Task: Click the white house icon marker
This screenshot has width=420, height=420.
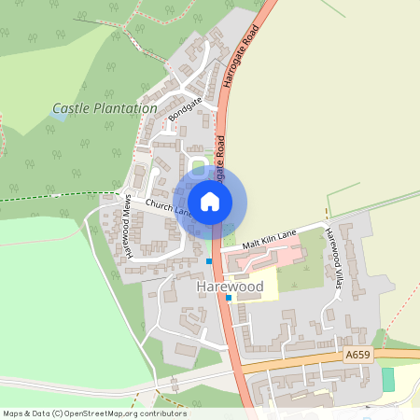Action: pyautogui.click(x=210, y=201)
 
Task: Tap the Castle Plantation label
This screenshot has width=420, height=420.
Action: pyautogui.click(x=105, y=108)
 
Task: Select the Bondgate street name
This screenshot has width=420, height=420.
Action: pyautogui.click(x=187, y=109)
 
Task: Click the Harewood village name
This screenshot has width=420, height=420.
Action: pyautogui.click(x=230, y=286)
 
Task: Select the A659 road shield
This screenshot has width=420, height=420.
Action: pyautogui.click(x=357, y=355)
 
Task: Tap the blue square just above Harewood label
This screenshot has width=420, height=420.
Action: pyautogui.click(x=209, y=261)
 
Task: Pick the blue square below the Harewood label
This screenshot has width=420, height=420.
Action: pyautogui.click(x=229, y=298)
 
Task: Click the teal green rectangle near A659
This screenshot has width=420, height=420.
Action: pyautogui.click(x=388, y=379)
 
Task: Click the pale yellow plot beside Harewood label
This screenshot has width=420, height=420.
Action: pyautogui.click(x=263, y=289)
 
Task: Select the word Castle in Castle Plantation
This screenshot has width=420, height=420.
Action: pyautogui.click(x=71, y=108)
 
